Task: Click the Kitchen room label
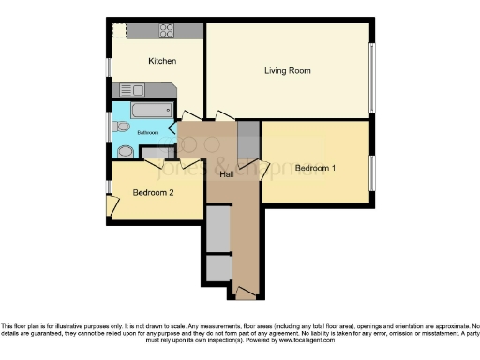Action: click(162, 61)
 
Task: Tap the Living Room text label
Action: click(287, 71)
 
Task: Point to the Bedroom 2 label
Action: click(153, 193)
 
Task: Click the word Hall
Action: click(227, 174)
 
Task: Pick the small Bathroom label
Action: click(148, 133)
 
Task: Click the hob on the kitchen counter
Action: click(166, 30)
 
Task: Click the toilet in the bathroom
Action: click(120, 127)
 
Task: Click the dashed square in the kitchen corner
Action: click(119, 30)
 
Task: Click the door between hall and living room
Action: click(225, 116)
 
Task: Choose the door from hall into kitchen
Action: click(190, 116)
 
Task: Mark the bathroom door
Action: click(172, 133)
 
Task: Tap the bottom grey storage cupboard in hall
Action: click(217, 269)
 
